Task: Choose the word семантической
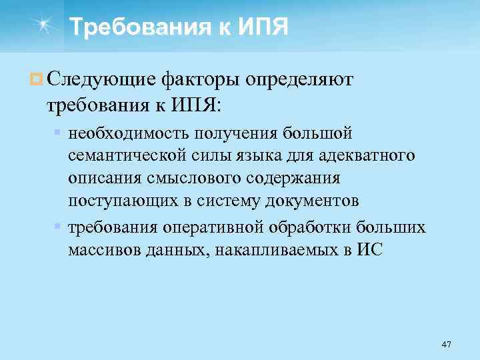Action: click(x=126, y=155)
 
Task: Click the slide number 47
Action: click(x=446, y=344)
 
